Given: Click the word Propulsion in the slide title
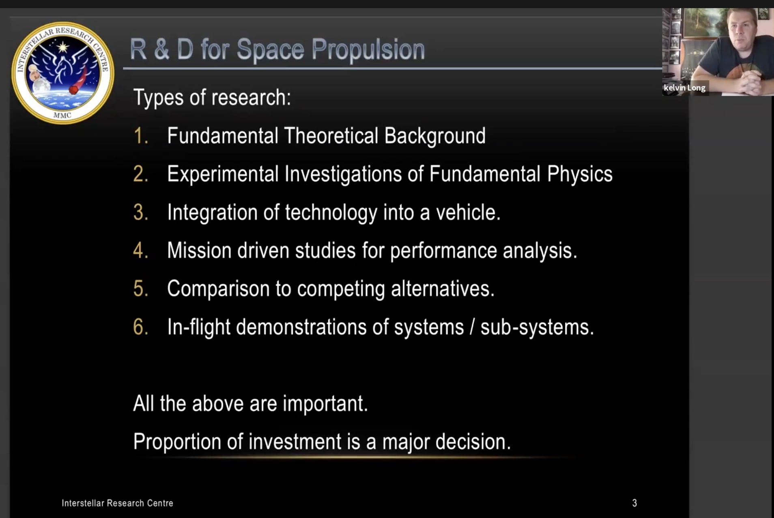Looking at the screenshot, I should [368, 50].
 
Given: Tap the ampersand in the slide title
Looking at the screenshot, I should [161, 49].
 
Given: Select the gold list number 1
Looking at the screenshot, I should [140, 136].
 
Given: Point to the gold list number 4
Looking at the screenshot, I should [140, 250].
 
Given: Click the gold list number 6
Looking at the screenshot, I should [140, 327].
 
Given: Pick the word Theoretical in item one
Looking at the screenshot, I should [331, 136].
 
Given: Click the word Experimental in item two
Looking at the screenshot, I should [223, 174].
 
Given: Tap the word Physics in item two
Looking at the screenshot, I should [580, 174].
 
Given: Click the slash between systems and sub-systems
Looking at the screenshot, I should [472, 327].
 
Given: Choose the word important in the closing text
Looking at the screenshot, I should [325, 404].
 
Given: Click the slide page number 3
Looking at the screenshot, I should [634, 503].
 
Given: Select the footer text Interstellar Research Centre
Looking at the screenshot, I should [117, 503].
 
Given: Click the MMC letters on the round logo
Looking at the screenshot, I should [62, 115].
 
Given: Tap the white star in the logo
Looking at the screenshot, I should [62, 47].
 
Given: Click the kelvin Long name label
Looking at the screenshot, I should [684, 88].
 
